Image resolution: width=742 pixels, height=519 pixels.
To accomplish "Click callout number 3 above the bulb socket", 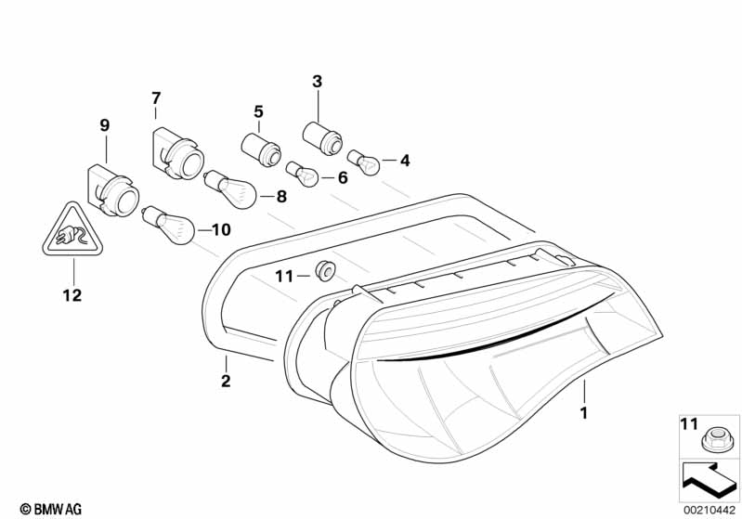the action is (x=317, y=82).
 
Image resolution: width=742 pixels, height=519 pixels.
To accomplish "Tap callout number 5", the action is (x=258, y=112).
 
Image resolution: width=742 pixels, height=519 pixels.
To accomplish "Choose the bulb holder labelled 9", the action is (x=111, y=191).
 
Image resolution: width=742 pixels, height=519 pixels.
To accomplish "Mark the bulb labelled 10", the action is (x=168, y=223).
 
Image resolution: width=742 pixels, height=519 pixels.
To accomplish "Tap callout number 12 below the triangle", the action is (x=72, y=295).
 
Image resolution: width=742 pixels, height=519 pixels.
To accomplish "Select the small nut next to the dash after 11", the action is (x=325, y=272).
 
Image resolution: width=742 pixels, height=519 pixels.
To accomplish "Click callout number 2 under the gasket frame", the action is (x=226, y=381).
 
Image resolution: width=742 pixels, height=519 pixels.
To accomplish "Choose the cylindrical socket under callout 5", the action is (x=261, y=148).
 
